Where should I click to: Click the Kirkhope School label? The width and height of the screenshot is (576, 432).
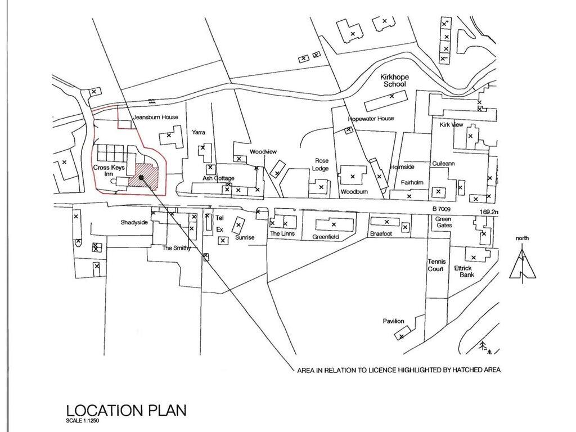point(394,81)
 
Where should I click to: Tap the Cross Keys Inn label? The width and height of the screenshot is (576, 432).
point(109,170)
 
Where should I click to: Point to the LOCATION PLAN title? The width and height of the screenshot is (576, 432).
point(127,410)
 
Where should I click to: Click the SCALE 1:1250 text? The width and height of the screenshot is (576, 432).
point(83,421)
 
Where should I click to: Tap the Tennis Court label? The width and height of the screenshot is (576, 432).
point(436,265)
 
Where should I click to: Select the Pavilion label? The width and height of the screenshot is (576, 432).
point(393,321)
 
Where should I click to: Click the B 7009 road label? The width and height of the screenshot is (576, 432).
point(441,209)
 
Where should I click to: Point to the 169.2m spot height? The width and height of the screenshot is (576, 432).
point(489,212)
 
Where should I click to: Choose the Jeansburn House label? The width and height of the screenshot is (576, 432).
point(155,117)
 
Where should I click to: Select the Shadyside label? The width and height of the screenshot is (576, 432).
point(134,222)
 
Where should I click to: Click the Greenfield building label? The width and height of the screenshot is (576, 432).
point(326,237)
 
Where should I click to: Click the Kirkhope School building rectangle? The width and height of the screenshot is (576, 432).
point(386,101)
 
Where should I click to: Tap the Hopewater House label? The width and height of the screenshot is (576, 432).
point(371,119)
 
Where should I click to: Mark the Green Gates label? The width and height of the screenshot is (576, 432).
point(443,222)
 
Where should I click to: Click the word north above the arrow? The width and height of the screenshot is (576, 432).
point(522,238)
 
